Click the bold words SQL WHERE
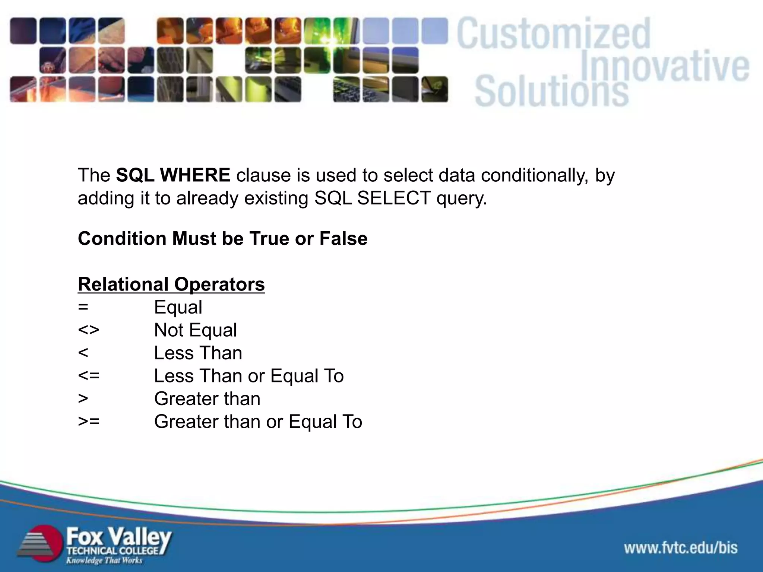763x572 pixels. coord(173,175)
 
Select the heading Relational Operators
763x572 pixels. coord(171,285)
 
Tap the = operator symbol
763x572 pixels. coord(83,307)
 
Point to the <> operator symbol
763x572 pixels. coord(89,330)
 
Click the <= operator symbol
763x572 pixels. coord(89,376)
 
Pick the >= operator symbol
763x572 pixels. coord(89,422)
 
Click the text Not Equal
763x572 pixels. coord(195,330)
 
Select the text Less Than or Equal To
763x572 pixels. coord(248,376)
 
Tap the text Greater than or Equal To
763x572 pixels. coord(258,422)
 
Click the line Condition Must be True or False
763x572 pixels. coord(222,238)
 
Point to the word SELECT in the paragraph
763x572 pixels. coord(393,198)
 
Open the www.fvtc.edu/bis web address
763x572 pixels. coord(681,548)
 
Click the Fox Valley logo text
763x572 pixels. coord(118,537)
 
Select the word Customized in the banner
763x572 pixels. coord(553,34)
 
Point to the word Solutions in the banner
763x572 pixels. coord(551,91)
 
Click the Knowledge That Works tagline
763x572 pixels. coord(104,560)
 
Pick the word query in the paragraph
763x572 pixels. coord(461,198)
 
